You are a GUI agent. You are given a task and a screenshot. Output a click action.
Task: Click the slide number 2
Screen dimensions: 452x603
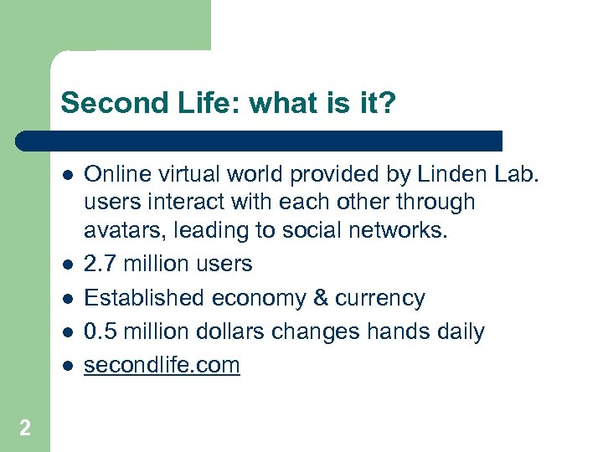25,429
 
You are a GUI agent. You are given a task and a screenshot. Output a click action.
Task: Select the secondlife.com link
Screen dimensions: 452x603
162,365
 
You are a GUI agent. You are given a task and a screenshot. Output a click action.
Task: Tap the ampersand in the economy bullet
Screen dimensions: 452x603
319,298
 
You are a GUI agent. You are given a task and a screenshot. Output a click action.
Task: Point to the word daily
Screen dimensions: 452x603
457,331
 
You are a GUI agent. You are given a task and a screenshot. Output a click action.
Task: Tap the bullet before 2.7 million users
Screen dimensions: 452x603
68,265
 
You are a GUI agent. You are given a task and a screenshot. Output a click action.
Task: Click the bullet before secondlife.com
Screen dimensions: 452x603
68,366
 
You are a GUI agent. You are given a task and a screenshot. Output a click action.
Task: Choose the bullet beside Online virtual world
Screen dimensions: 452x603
68,175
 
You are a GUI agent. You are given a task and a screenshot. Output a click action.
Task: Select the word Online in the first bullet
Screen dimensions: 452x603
114,174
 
